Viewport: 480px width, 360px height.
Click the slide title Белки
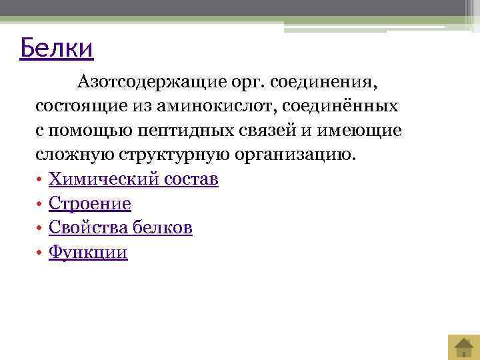(x=57, y=49)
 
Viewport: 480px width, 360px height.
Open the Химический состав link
(x=133, y=179)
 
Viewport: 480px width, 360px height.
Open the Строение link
(x=89, y=203)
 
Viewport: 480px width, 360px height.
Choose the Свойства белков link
(x=121, y=228)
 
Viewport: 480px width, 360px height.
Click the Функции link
(x=88, y=253)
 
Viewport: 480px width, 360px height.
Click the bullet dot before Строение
(x=40, y=204)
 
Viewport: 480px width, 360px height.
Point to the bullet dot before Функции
(x=40, y=253)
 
